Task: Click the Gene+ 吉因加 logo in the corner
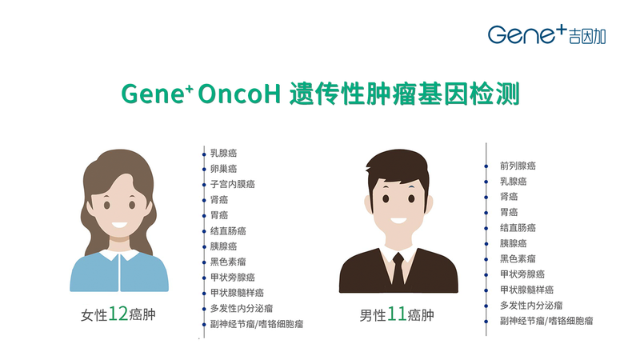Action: click(547, 34)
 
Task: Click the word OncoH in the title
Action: click(239, 94)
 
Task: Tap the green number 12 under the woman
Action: click(118, 314)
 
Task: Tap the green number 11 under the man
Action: click(396, 314)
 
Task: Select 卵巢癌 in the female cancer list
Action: click(224, 169)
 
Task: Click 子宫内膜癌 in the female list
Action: click(233, 184)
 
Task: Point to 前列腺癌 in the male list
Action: click(518, 166)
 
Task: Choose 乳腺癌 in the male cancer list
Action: click(514, 182)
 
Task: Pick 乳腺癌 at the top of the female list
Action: click(224, 153)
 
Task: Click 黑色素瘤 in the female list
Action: click(228, 262)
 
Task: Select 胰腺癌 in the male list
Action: click(514, 243)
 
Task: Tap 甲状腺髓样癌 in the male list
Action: click(527, 290)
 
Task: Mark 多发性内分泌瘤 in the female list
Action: click(242, 308)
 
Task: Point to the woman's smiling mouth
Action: click(119, 225)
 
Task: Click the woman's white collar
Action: click(119, 255)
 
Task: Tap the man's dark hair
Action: click(397, 168)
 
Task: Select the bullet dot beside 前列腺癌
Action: click(486, 166)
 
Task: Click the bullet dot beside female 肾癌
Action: click(204, 200)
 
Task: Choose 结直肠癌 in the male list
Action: click(518, 228)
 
